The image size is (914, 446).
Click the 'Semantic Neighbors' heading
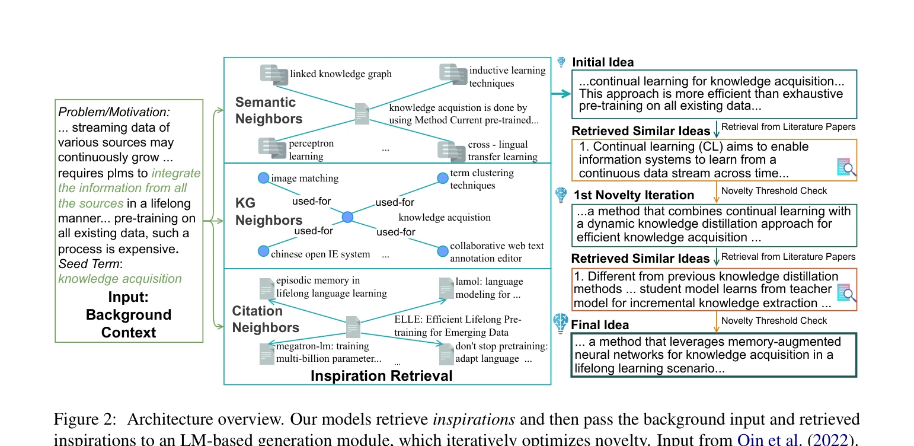[x=269, y=110]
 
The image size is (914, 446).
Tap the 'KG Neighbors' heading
[x=269, y=212]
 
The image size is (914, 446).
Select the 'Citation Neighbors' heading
[x=266, y=319]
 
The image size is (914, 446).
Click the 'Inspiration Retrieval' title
[x=382, y=376]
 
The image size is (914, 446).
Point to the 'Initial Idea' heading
[x=603, y=62]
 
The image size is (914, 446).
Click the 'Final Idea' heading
[x=600, y=324]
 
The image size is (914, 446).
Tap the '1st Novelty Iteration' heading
[x=634, y=195]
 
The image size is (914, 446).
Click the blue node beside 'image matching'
[x=264, y=178]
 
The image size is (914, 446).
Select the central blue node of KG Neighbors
[x=348, y=217]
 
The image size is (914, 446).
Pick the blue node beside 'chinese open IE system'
[x=264, y=251]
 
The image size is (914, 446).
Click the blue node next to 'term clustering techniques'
[x=443, y=178]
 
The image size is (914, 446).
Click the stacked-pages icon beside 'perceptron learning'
[x=272, y=148]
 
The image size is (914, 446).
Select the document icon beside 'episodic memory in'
[x=267, y=288]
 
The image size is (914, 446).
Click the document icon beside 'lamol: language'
[x=446, y=288]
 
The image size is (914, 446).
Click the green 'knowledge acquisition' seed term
[x=120, y=279]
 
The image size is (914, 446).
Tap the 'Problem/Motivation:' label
[x=114, y=112]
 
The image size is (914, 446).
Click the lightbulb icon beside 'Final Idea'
[x=561, y=323]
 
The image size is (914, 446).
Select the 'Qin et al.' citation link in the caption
[x=770, y=439]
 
